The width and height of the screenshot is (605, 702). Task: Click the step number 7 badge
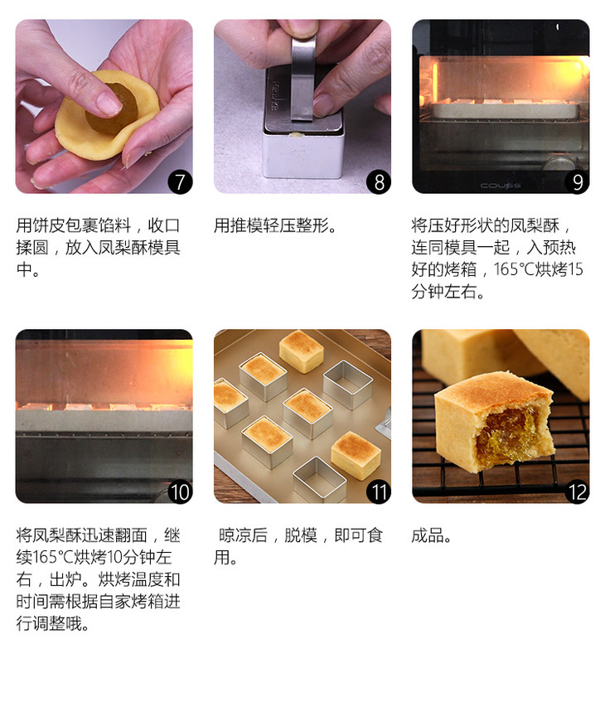tap(180, 182)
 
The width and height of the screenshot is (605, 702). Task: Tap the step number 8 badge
tap(379, 182)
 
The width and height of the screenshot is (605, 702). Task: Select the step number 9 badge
tap(577, 182)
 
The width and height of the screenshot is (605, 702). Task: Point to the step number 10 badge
tap(180, 492)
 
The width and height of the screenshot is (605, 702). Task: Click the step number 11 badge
tap(379, 492)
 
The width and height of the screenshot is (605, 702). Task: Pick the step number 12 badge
tap(577, 492)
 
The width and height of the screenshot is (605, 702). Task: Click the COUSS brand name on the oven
tap(501, 185)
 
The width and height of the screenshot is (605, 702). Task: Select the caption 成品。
tap(431, 535)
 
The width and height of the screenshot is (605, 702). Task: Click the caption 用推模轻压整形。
tap(274, 225)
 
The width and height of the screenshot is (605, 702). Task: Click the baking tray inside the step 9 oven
tap(505, 109)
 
